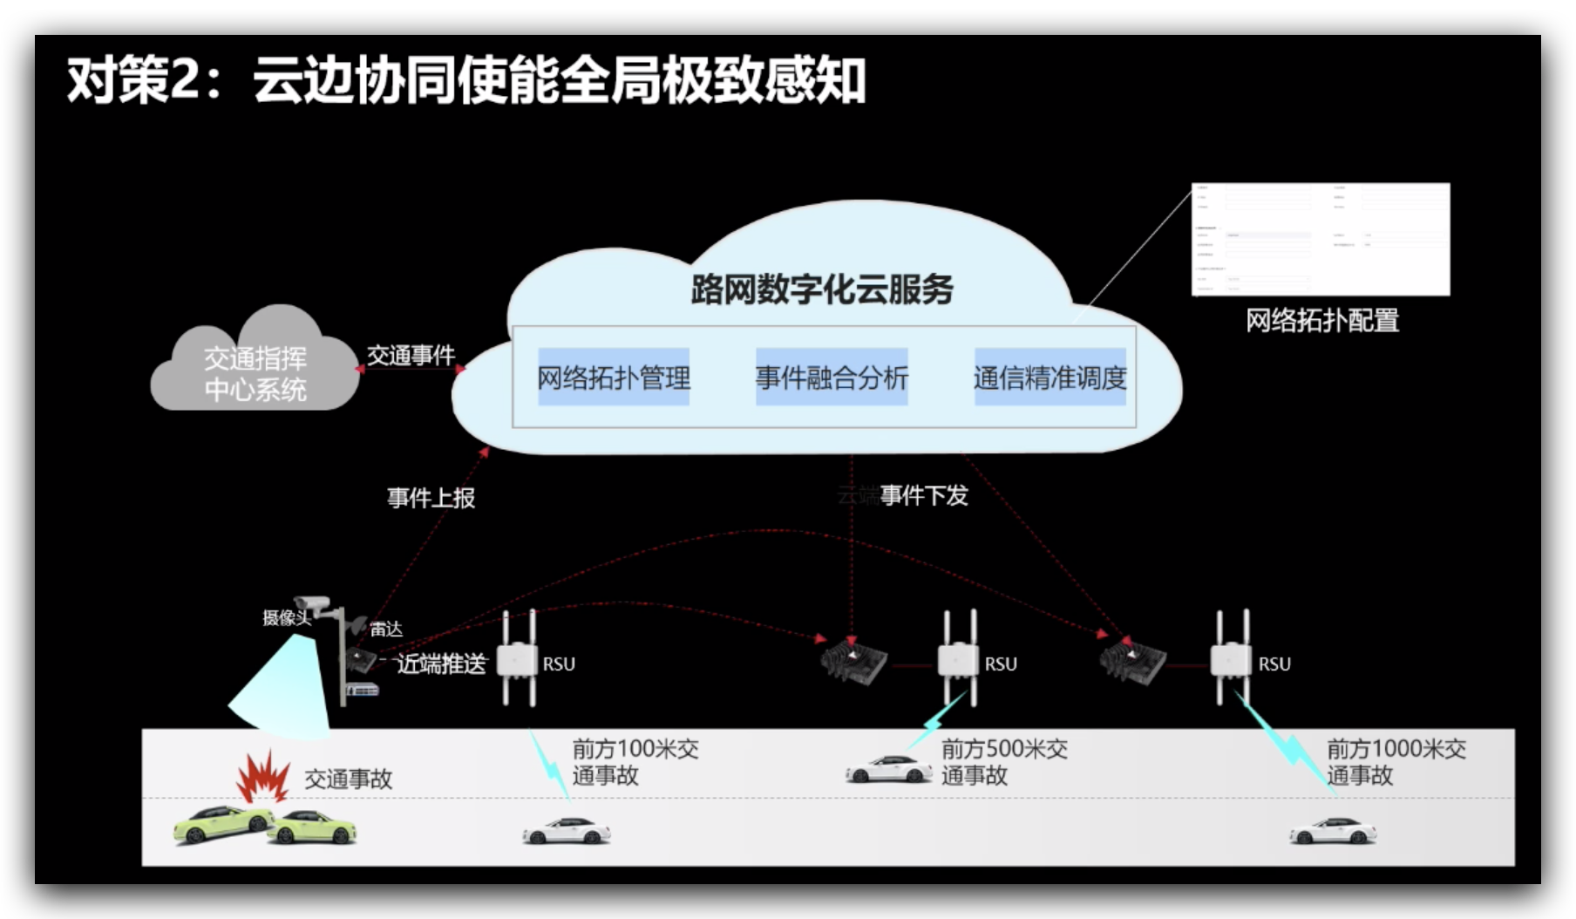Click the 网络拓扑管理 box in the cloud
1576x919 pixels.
pos(614,378)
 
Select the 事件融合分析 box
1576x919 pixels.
pos(832,378)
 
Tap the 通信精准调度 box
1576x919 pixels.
pos(1050,378)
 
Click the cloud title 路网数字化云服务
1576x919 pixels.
pos(822,289)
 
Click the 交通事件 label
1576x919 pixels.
pos(411,356)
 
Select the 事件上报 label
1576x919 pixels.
pos(431,498)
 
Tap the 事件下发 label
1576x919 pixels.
pos(924,496)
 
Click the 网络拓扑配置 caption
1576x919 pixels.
pos(1321,321)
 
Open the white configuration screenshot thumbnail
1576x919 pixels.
pos(1321,239)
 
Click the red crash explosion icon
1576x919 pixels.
pos(263,776)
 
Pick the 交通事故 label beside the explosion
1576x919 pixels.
pos(348,779)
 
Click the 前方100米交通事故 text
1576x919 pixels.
pos(635,762)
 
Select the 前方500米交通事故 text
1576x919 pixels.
pos(1004,762)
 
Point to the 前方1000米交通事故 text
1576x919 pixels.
pos(1396,762)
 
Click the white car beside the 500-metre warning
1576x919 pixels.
pos(888,770)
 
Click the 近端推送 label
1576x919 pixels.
pos(441,664)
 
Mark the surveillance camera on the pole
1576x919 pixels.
pos(311,603)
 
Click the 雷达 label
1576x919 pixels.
pos(385,629)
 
